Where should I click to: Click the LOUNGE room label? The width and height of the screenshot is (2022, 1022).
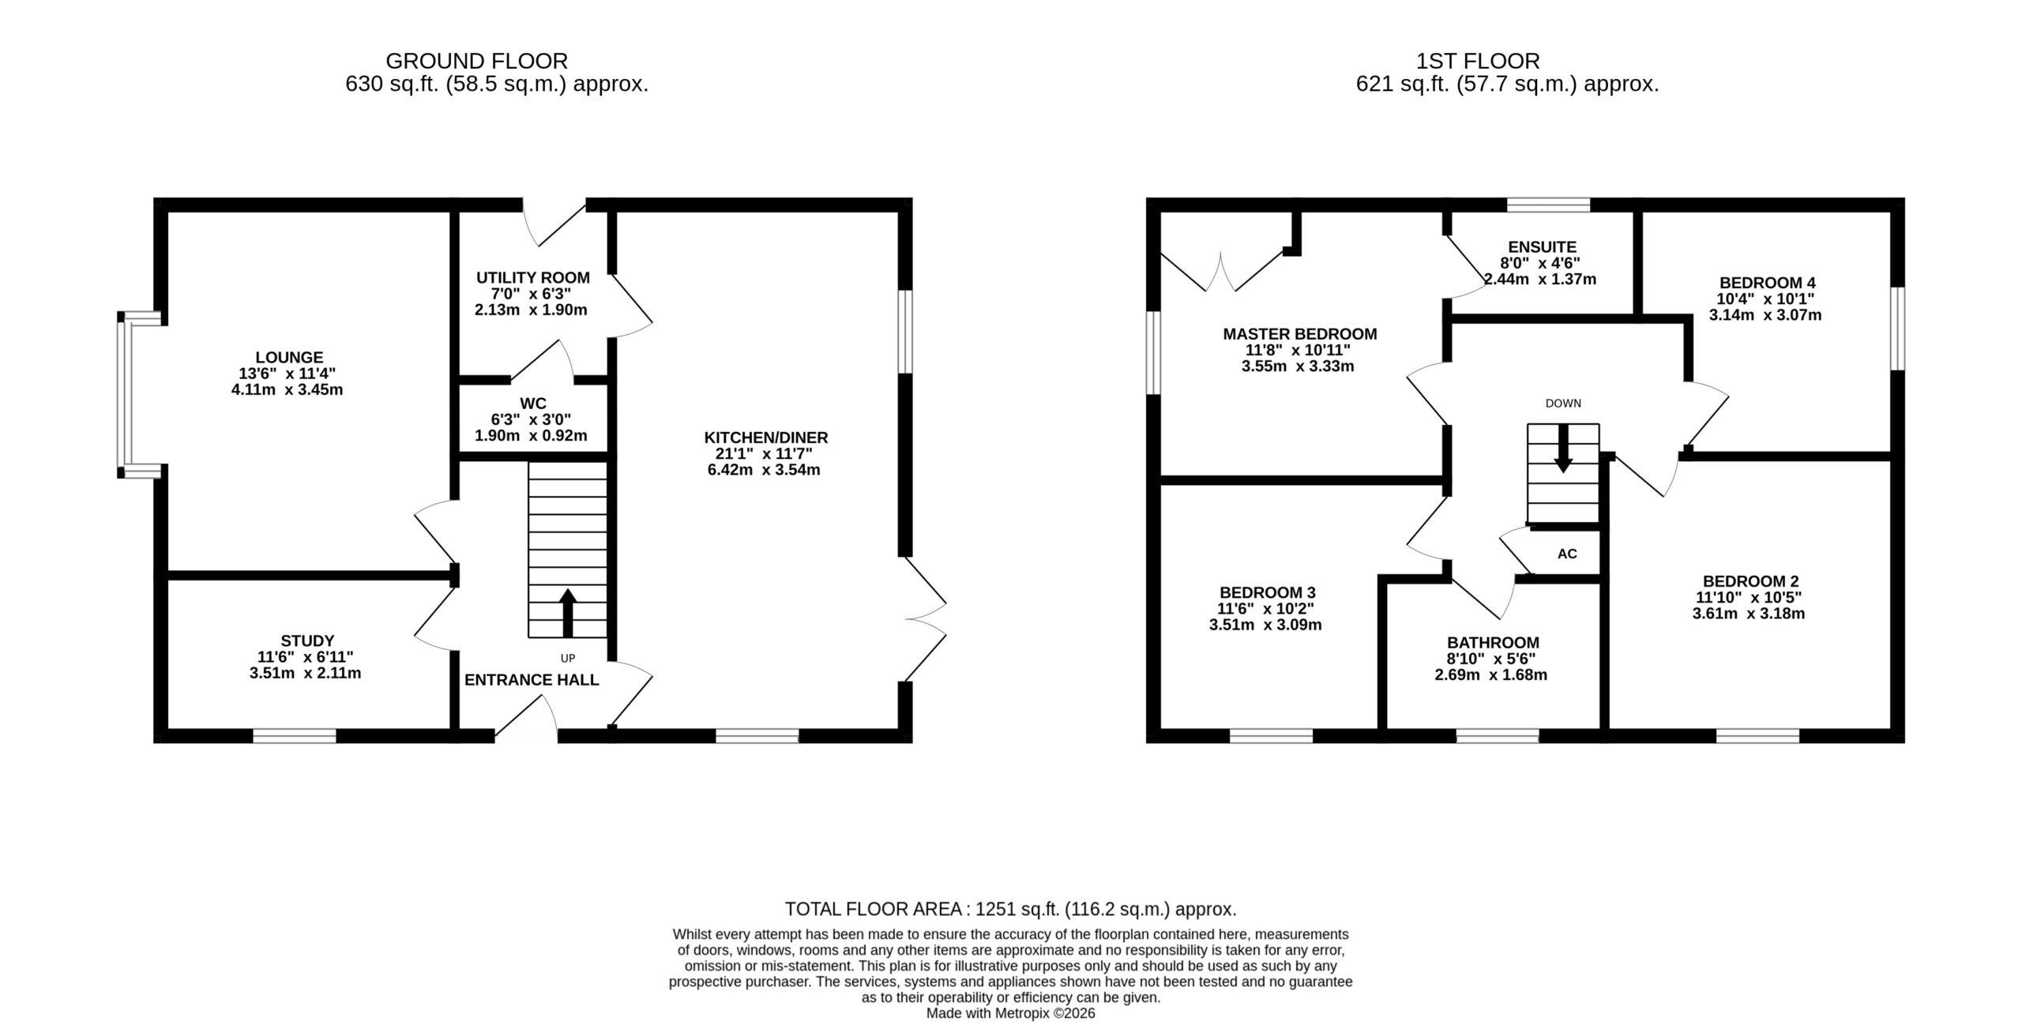(x=289, y=358)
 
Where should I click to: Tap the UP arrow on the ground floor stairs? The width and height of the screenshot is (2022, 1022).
(x=568, y=612)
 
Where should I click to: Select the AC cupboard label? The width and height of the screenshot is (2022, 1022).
(x=1567, y=554)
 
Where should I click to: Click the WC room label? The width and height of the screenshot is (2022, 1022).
(x=533, y=404)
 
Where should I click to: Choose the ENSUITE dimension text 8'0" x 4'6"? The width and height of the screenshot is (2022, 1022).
(x=1540, y=263)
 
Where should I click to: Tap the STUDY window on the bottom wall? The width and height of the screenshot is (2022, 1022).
(x=295, y=736)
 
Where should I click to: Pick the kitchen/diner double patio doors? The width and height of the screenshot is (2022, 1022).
(x=925, y=619)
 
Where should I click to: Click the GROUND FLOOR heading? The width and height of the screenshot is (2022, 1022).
(x=476, y=61)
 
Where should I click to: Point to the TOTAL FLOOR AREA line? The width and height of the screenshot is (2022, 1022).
(x=1010, y=909)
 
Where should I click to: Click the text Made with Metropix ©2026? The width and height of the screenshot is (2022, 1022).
(x=1010, y=1013)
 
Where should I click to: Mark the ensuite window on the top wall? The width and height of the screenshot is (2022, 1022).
(x=1548, y=205)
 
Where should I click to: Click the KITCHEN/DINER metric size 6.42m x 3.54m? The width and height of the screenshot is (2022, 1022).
(x=764, y=470)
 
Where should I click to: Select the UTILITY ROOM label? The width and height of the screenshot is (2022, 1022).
(x=532, y=278)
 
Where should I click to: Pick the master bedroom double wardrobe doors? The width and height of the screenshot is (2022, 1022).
(x=1221, y=272)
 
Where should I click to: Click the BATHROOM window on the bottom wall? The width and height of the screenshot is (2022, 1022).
(x=1498, y=736)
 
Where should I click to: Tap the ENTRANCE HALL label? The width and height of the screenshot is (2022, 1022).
(x=532, y=680)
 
